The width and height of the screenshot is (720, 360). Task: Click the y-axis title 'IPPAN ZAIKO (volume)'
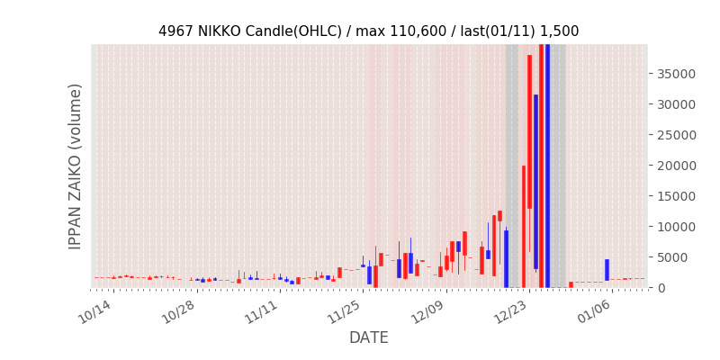point(76,166)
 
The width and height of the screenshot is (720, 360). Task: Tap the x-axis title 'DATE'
point(369,337)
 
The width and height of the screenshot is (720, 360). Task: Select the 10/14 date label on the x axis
point(94,311)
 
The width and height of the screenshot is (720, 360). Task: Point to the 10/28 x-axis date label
point(178,311)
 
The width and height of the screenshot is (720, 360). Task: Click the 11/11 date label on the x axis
point(262,311)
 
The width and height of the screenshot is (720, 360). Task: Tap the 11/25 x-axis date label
point(346,311)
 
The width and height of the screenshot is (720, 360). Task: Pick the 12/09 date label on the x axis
point(429,311)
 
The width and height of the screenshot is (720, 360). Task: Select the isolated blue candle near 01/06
point(607,270)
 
